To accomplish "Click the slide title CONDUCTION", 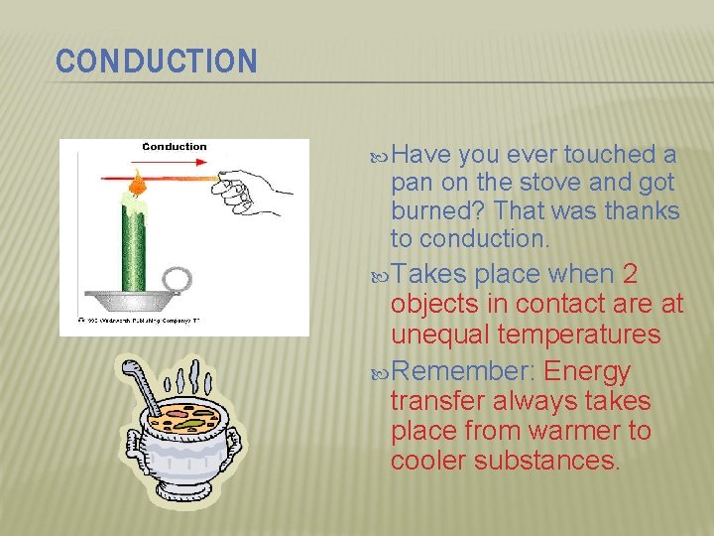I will pos(157,62).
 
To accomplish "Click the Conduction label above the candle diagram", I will pos(175,147).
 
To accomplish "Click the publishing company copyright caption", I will pos(139,321).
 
